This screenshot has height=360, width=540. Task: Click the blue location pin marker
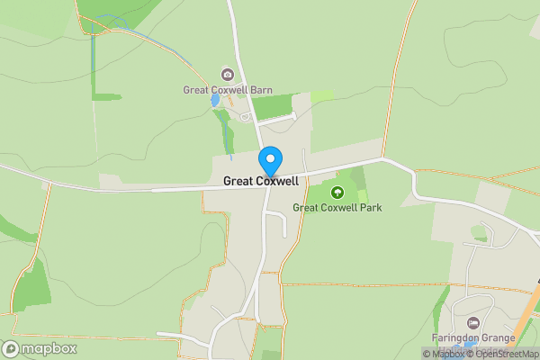tap(269, 162)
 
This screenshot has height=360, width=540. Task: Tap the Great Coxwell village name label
tap(262, 181)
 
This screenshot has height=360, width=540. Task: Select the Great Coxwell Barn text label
tap(227, 90)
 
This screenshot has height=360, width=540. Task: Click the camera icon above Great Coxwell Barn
tap(227, 74)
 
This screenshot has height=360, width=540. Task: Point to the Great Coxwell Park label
tap(337, 208)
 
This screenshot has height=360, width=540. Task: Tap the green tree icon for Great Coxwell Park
tap(337, 192)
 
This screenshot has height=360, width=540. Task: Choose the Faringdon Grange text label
tap(472, 338)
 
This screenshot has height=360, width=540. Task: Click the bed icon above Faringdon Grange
tap(472, 323)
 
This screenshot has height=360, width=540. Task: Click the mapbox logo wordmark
tap(44, 348)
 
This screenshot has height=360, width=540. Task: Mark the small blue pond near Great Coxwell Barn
tap(215, 101)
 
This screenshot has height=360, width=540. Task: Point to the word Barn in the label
tap(260, 90)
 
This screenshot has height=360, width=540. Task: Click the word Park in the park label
tap(370, 208)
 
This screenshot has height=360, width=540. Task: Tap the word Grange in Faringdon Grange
tap(498, 338)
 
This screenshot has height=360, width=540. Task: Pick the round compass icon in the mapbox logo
tap(12, 348)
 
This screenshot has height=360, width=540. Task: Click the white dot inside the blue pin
tap(269, 158)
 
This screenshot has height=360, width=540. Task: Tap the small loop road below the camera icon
tap(246, 116)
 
